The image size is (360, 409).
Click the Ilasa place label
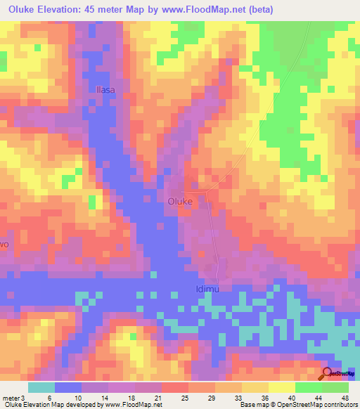pyautogui.click(x=104, y=90)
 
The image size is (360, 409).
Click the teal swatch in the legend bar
pyautogui.click(x=41, y=387)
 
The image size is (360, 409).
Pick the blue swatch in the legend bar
pyautogui.click(x=68, y=387)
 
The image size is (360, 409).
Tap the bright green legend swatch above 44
pyautogui.click(x=309, y=387)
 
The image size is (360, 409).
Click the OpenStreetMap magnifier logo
pyautogui.click(x=327, y=375)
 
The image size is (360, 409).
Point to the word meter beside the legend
pyautogui.click(x=12, y=397)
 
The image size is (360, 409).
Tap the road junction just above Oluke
pyautogui.click(x=204, y=190)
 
